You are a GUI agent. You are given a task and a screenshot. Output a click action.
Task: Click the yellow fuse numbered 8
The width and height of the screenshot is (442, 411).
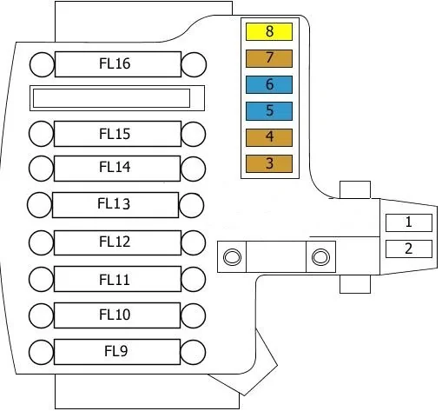269,31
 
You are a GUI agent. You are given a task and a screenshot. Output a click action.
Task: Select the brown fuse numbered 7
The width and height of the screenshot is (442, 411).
269,58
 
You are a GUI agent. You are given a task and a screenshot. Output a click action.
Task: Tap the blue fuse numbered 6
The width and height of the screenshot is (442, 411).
269,84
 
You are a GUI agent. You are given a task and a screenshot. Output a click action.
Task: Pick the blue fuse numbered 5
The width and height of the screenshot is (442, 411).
269,111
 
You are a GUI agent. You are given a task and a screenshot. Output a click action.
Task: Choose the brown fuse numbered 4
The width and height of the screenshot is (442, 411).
269,137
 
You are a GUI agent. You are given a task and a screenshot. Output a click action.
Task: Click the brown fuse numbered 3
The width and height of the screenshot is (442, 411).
269,163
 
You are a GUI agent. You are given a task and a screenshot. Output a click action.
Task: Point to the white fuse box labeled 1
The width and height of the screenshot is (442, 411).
409,222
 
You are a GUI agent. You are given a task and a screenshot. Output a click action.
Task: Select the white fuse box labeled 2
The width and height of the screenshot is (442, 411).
409,249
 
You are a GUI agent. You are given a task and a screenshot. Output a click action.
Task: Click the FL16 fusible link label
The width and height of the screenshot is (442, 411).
115,63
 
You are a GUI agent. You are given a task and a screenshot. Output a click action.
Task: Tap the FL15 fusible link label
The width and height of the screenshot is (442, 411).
115,134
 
